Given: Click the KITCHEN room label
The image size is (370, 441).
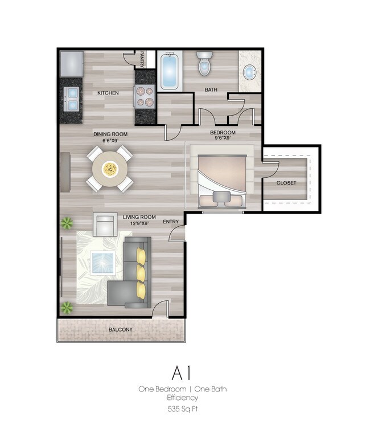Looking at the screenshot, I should click(x=108, y=92).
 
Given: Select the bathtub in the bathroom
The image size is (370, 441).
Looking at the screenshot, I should click(x=170, y=72).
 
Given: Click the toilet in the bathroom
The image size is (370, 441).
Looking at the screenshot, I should click(x=204, y=64).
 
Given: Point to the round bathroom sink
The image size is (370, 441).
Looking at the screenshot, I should click(x=249, y=72).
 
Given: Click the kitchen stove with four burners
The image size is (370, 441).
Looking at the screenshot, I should click(x=145, y=95).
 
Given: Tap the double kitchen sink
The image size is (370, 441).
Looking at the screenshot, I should click(x=71, y=98).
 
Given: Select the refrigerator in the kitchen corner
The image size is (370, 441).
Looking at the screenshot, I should click(x=71, y=63).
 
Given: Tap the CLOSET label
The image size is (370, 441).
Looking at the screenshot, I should click(x=286, y=183).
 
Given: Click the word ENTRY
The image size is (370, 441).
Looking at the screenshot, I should click(x=171, y=222).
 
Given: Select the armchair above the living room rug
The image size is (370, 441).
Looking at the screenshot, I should click(x=104, y=224).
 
